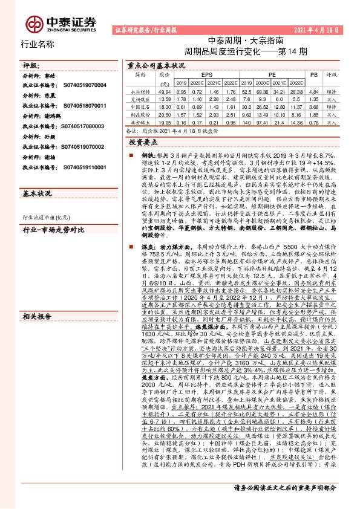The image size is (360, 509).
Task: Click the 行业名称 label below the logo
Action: click(38, 44)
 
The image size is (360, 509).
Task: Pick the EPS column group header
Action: click(198, 74)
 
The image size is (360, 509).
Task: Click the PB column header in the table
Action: click(313, 74)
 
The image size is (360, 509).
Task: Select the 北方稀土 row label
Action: click(141, 121)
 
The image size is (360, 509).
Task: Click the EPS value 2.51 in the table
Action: click(228, 113)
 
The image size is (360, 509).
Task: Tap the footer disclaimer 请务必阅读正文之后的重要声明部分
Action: click(284, 503)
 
